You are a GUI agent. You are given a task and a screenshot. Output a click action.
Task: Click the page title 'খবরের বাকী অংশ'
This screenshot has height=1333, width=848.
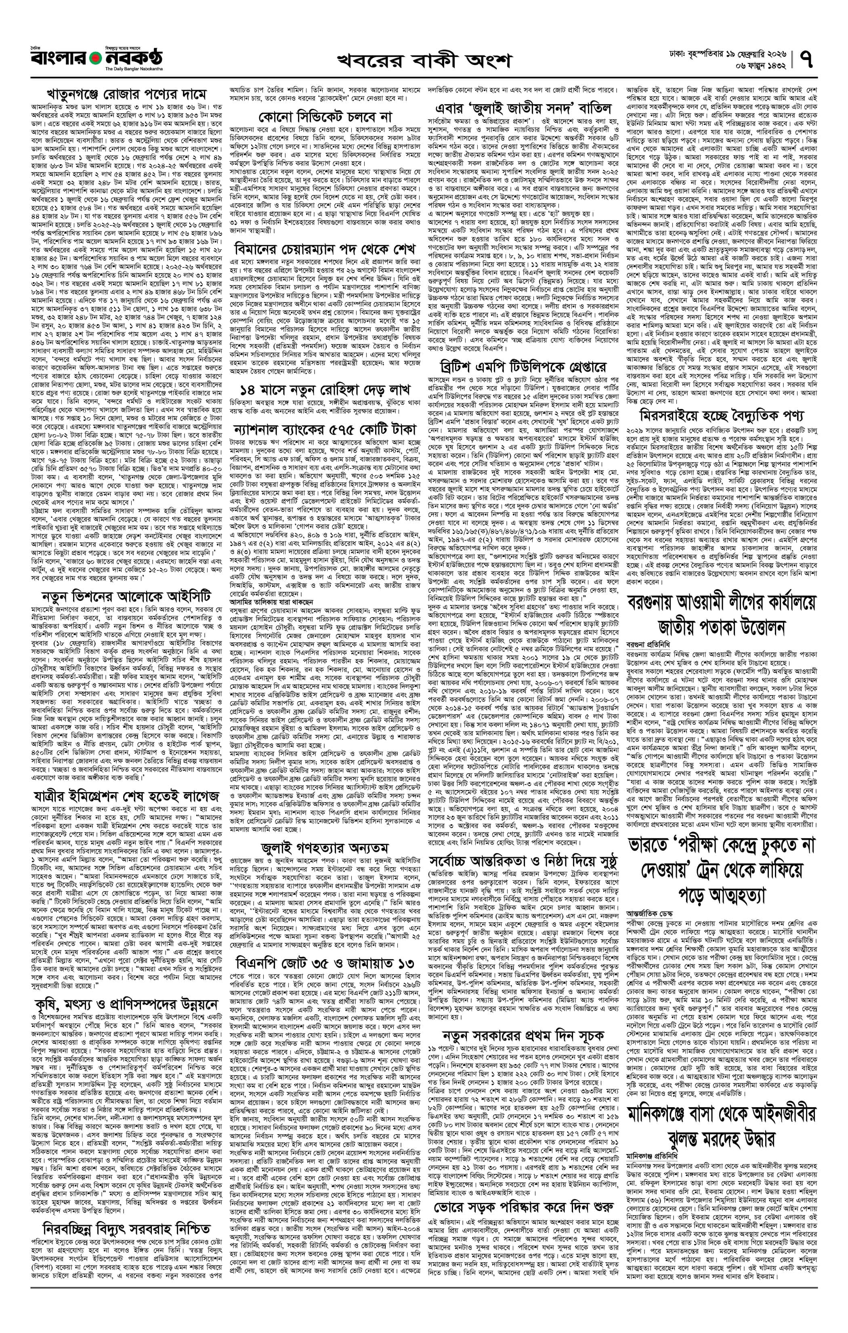[x=424, y=60]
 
